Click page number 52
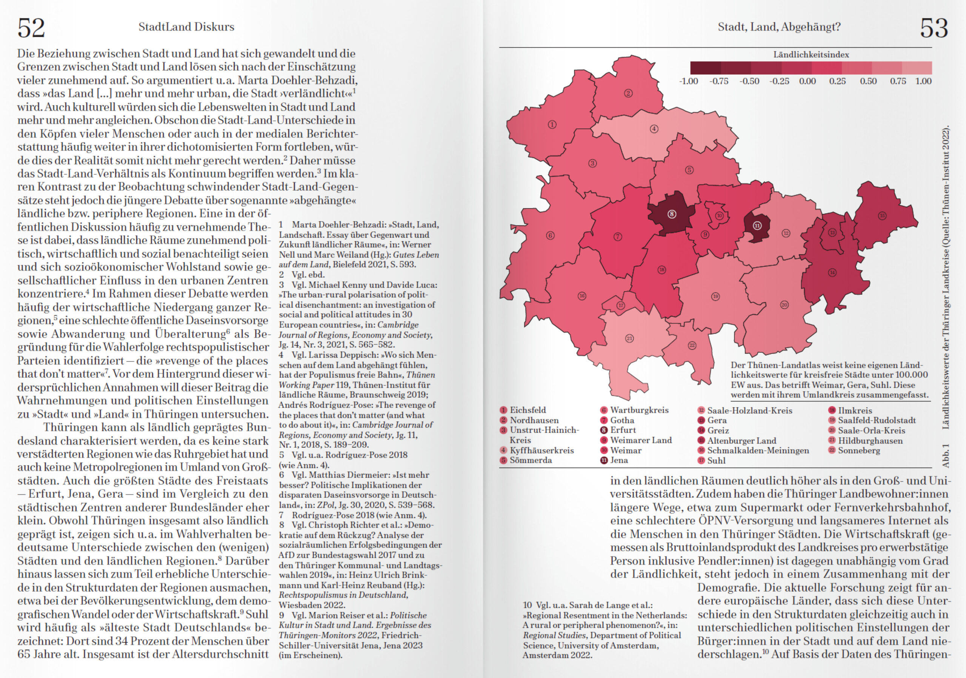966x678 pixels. tap(31, 28)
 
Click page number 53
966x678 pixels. tap(934, 28)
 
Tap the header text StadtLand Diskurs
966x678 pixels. tap(186, 27)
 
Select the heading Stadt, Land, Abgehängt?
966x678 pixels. tap(779, 27)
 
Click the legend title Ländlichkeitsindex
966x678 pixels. tap(811, 55)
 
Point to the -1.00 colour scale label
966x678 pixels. tap(688, 81)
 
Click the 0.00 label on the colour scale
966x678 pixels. tap(808, 81)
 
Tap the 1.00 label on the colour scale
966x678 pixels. tap(923, 81)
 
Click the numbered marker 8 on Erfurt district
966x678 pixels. tap(672, 214)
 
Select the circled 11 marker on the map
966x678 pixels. tap(757, 226)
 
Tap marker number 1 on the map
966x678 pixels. tap(552, 125)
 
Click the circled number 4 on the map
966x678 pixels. tap(654, 129)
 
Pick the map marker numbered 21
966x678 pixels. tap(629, 338)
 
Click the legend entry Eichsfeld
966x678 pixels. tap(528, 410)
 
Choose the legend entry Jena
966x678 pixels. tap(619, 460)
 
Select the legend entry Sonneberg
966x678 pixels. tap(859, 450)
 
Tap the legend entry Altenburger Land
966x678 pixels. tap(741, 441)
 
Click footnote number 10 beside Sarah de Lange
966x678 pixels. tap(528, 605)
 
